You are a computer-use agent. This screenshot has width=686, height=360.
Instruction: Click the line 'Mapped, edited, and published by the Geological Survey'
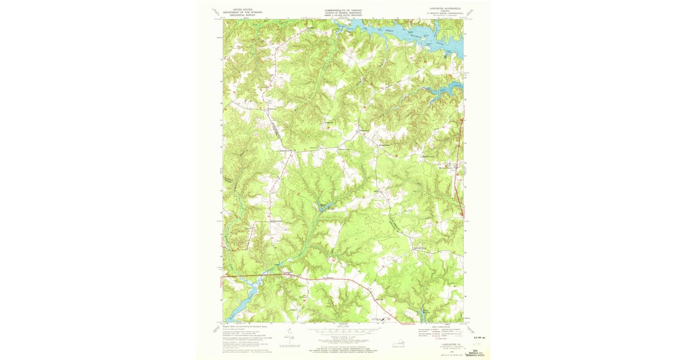click(246, 326)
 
